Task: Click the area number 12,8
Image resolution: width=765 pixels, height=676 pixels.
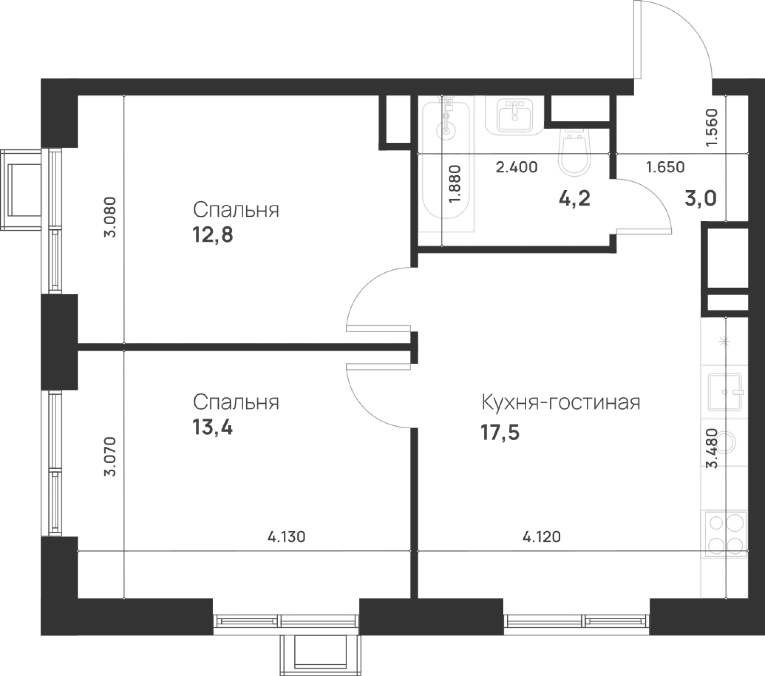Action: click(x=213, y=235)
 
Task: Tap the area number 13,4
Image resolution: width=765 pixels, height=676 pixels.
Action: click(x=213, y=427)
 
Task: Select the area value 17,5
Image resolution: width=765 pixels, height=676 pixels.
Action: click(x=500, y=433)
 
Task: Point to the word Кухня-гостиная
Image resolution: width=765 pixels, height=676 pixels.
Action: click(x=560, y=402)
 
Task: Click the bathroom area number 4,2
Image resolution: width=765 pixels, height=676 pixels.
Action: click(x=575, y=199)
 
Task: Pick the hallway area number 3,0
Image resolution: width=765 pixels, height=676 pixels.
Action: click(x=701, y=199)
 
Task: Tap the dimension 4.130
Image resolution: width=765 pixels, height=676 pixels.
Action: click(x=286, y=537)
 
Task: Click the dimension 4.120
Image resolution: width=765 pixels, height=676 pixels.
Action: click(x=542, y=537)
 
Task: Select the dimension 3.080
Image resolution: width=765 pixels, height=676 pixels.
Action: click(x=110, y=217)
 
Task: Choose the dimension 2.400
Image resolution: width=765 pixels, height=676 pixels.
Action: click(x=517, y=167)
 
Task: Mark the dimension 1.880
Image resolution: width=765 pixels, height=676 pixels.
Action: click(x=456, y=185)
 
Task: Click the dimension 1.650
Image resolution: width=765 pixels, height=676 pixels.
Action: click(x=665, y=167)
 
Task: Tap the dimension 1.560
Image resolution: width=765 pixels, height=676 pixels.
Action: click(x=711, y=128)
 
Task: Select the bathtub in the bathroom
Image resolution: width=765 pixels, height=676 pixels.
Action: click(x=446, y=163)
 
